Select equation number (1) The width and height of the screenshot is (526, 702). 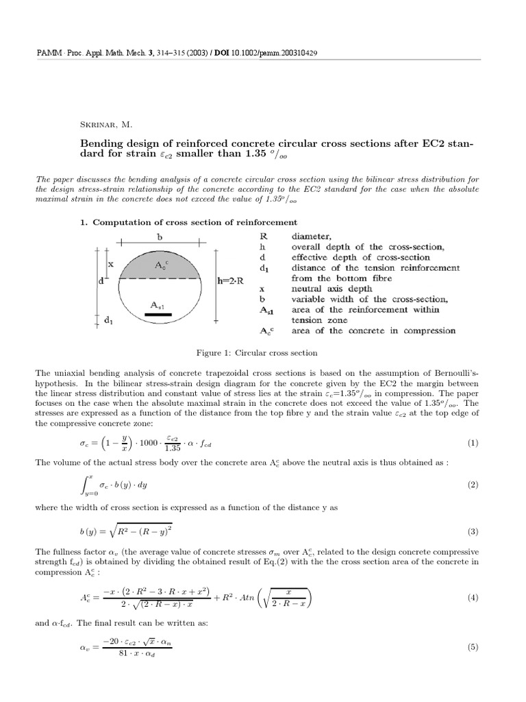[472, 443]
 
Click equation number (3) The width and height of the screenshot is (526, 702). [472, 531]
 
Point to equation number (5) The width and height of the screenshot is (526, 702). [472, 647]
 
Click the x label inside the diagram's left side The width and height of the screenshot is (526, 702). [110, 263]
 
